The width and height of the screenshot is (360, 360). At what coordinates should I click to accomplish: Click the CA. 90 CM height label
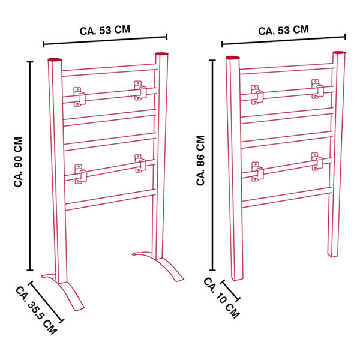point(18,162)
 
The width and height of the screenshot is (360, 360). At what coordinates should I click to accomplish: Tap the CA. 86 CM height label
point(200,160)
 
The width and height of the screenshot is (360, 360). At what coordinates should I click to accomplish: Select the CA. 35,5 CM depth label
point(36,310)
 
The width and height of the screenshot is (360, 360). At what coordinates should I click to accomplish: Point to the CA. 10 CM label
point(221,298)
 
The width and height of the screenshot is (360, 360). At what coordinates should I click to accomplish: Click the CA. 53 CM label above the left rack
point(105,31)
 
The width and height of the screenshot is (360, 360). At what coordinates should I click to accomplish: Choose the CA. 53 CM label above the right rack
point(283,31)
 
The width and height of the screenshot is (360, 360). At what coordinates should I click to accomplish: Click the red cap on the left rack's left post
point(55,59)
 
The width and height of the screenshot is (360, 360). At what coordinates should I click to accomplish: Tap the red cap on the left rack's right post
point(162,54)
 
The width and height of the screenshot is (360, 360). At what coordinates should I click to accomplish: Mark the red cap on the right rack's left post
point(233,58)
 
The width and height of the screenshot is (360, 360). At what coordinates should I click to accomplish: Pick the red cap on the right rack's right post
point(340,53)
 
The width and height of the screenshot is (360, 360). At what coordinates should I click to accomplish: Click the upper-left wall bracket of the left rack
point(79,97)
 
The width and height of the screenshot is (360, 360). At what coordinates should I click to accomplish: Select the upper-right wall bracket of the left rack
point(140,91)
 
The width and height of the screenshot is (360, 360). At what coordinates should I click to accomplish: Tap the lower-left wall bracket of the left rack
point(80,174)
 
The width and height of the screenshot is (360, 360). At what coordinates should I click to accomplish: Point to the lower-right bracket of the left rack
point(140,163)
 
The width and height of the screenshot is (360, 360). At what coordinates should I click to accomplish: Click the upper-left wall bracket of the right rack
point(257,95)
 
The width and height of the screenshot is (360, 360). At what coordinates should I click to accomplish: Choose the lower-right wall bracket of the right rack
point(317,161)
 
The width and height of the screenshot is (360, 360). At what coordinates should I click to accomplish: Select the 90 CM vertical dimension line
point(30,166)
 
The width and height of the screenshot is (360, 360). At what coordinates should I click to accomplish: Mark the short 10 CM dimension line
point(230,290)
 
